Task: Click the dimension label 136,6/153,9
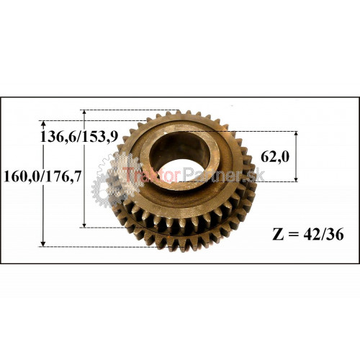(x=79, y=137)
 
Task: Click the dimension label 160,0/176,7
(x=42, y=177)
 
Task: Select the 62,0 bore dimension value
(x=275, y=157)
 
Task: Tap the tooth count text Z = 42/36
(x=308, y=234)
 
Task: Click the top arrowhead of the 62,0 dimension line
(x=296, y=134)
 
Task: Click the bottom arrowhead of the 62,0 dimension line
(x=296, y=179)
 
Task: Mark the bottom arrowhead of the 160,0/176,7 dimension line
(x=43, y=243)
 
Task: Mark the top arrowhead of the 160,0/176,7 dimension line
(x=43, y=123)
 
